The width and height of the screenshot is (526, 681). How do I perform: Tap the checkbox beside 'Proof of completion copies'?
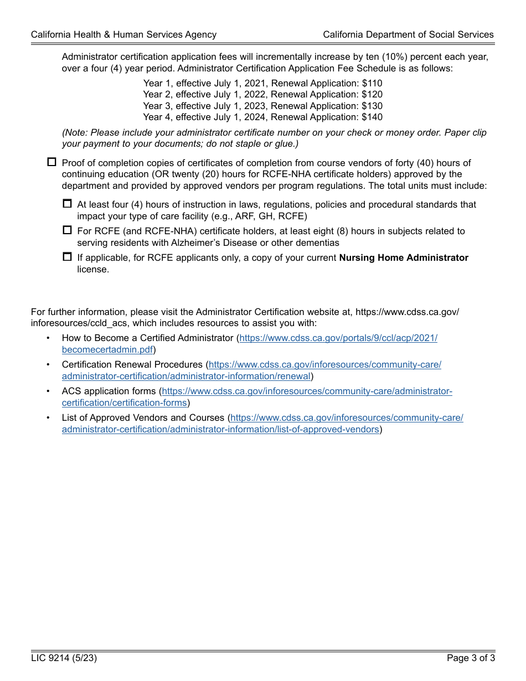pos(52,162)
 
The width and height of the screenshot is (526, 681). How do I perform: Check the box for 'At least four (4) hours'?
pos(68,204)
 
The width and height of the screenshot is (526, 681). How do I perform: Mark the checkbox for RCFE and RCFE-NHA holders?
pos(68,230)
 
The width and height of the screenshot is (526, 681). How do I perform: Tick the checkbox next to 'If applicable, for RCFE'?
pos(68,257)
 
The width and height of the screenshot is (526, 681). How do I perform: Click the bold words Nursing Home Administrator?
pos(404,258)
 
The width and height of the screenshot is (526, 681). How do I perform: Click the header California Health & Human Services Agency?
pos(123,34)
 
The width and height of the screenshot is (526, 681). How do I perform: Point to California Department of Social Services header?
pos(408,34)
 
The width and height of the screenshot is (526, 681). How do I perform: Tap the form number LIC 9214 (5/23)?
pos(64,658)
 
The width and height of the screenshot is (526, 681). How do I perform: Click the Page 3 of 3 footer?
pos(471,658)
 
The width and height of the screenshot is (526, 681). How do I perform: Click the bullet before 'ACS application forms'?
pos(48,391)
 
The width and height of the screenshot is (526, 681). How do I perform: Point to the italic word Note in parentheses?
pos(76,133)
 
